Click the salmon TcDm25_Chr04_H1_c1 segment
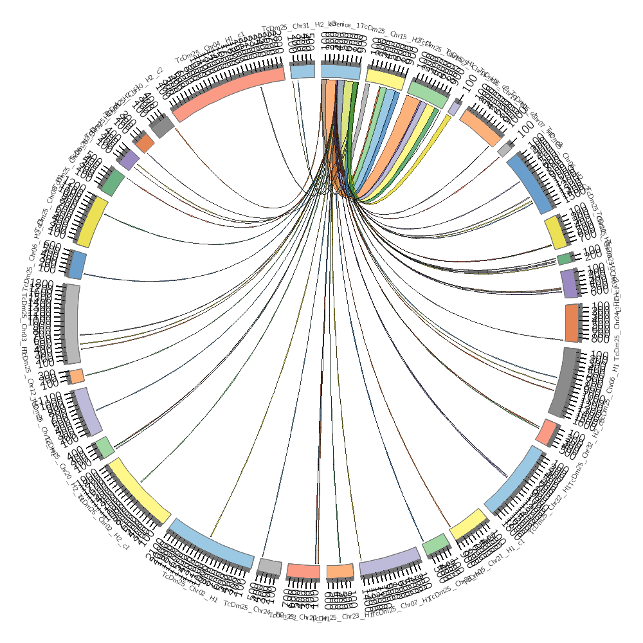coord(228,94)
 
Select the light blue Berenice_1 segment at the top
coord(341,71)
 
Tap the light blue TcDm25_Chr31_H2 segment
coord(302,71)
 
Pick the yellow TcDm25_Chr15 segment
coord(386,77)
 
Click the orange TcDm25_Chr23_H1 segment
coord(340,572)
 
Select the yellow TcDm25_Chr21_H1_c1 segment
coord(469,524)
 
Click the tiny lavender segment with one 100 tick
coord(453,109)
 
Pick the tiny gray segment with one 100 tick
coord(505,149)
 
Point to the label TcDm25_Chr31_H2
coord(293,26)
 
